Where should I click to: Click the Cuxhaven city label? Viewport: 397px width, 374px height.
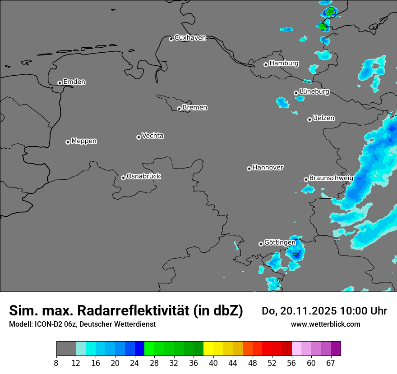point(190,38)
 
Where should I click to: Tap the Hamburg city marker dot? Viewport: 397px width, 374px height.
point(266,64)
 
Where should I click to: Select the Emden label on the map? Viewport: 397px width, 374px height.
point(74,82)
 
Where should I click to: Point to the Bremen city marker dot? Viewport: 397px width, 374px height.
point(179,109)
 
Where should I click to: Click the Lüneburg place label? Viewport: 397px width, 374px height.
point(314,91)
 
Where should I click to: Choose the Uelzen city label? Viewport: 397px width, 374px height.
point(323,118)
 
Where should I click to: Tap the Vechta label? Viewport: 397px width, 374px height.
point(152,136)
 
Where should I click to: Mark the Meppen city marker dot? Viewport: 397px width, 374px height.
point(68,142)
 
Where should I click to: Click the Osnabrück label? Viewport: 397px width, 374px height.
point(143,176)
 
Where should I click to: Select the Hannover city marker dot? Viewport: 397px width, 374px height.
point(249,169)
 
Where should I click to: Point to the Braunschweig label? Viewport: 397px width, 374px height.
point(331,178)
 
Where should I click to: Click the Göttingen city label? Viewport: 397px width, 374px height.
point(280,242)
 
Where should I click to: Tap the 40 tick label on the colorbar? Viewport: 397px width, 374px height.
point(213,363)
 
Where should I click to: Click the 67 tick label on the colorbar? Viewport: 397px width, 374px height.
point(331,363)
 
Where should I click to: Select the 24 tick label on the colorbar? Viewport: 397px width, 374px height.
point(135,363)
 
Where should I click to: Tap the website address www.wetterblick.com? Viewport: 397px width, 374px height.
point(325,324)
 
